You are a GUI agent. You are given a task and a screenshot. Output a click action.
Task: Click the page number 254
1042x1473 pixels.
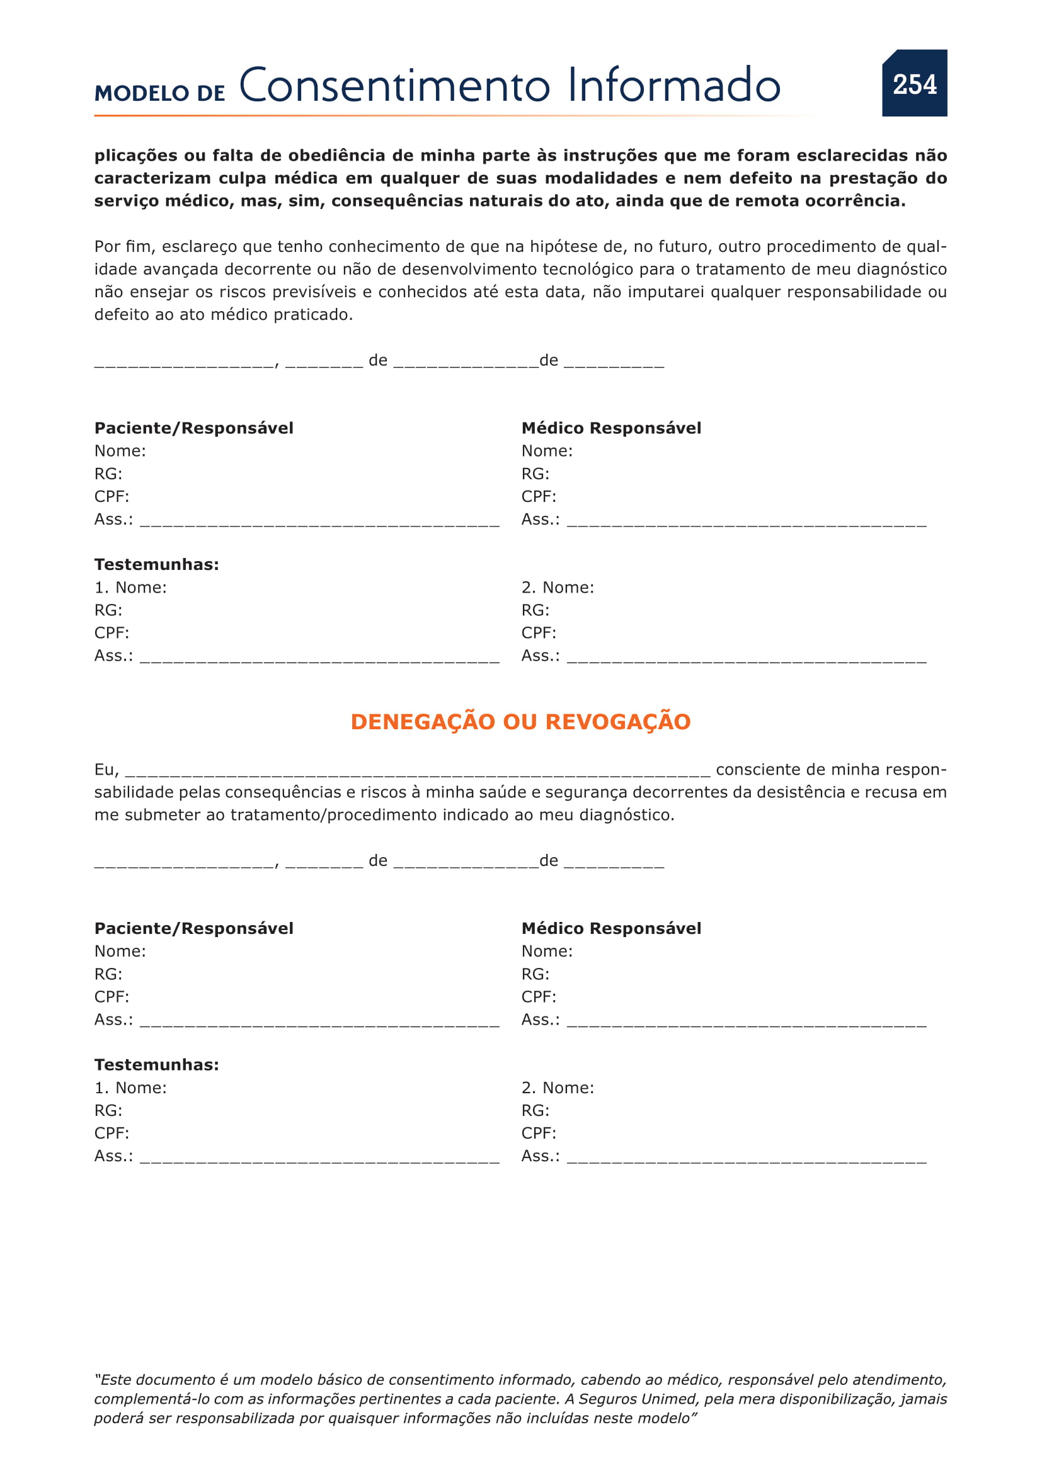(x=914, y=84)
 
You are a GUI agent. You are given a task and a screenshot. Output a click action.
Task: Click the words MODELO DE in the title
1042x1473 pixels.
(x=160, y=93)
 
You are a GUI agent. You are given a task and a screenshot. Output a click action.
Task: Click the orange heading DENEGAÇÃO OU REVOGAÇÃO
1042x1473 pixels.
(x=520, y=722)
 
